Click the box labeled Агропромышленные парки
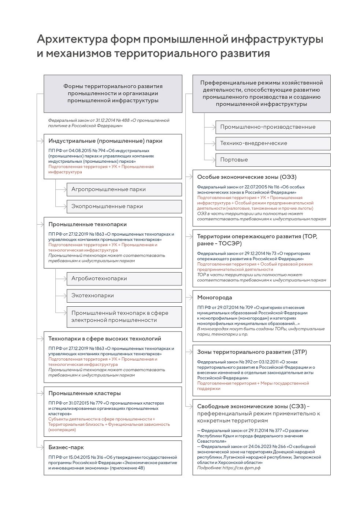pyautogui.click(x=124, y=189)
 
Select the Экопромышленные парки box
pyautogui.click(x=124, y=206)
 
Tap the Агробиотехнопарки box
pyautogui.click(x=124, y=278)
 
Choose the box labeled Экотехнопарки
pyautogui.click(x=124, y=295)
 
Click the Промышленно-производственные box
pyautogui.click(x=272, y=127)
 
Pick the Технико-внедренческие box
pyautogui.click(x=272, y=143)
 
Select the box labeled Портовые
pyautogui.click(x=272, y=160)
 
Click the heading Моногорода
pyautogui.click(x=215, y=298)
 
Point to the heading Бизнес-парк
pyautogui.click(x=66, y=447)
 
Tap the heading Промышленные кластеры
pyautogui.click(x=84, y=393)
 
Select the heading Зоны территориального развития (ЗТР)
pyautogui.click(x=252, y=352)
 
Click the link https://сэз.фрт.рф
pyautogui.click(x=241, y=468)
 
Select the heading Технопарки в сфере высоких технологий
pyautogui.click(x=105, y=339)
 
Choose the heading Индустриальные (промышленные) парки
pyautogui.click(x=105, y=141)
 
